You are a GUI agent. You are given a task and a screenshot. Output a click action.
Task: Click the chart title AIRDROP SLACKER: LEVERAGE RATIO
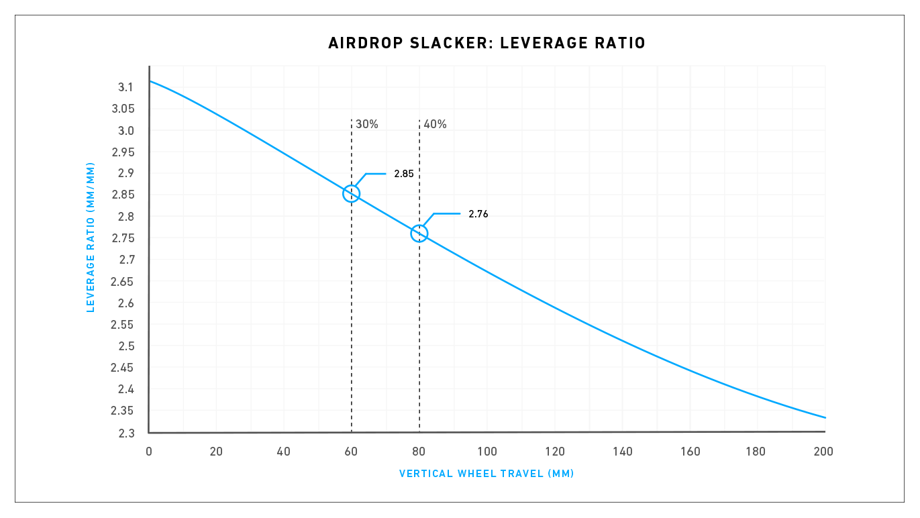487,44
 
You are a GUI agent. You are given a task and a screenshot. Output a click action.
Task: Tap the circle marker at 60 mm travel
351,193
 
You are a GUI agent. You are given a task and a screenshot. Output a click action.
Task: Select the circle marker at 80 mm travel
419,233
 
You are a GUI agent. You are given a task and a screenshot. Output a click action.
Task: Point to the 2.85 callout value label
404,174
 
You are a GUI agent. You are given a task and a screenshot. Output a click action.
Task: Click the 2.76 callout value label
478,214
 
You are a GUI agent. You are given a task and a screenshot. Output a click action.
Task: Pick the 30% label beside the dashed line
367,124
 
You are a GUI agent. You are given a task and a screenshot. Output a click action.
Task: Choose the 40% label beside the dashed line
436,124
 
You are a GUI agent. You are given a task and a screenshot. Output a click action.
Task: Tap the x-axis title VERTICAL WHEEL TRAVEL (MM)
487,474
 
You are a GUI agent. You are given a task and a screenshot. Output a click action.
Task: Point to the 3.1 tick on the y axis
125,87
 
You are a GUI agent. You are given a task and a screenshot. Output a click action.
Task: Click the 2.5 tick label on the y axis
125,346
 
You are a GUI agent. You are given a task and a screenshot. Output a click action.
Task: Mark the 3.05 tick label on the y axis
123,109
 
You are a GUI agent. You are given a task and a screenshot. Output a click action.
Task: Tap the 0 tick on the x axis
149,452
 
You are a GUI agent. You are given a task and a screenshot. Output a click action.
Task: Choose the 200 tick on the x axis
823,452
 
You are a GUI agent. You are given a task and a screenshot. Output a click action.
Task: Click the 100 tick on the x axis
487,452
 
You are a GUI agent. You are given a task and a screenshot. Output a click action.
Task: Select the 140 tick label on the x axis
622,452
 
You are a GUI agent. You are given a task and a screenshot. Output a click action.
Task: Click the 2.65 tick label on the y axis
123,281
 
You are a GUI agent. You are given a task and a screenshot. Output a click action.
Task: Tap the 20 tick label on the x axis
216,452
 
